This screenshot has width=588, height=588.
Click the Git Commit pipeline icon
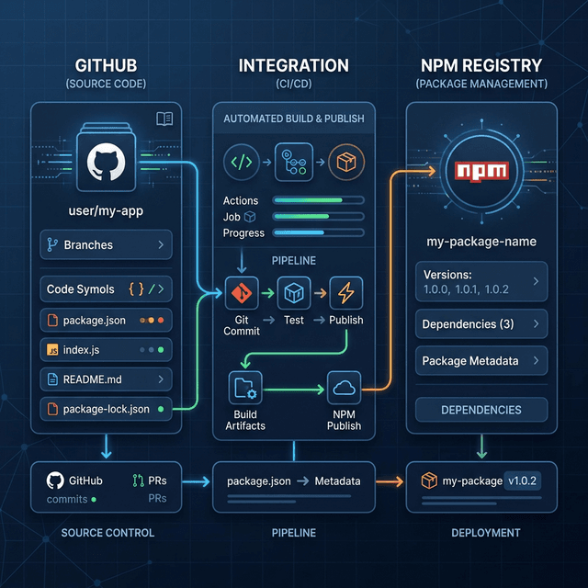pyautogui.click(x=241, y=294)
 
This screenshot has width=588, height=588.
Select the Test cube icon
pyautogui.click(x=293, y=294)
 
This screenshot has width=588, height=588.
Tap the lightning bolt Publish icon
pyautogui.click(x=345, y=294)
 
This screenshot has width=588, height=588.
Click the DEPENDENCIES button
pyautogui.click(x=481, y=410)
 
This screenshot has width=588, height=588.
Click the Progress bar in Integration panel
pyautogui.click(x=318, y=233)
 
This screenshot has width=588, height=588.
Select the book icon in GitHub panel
pyautogui.click(x=164, y=119)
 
